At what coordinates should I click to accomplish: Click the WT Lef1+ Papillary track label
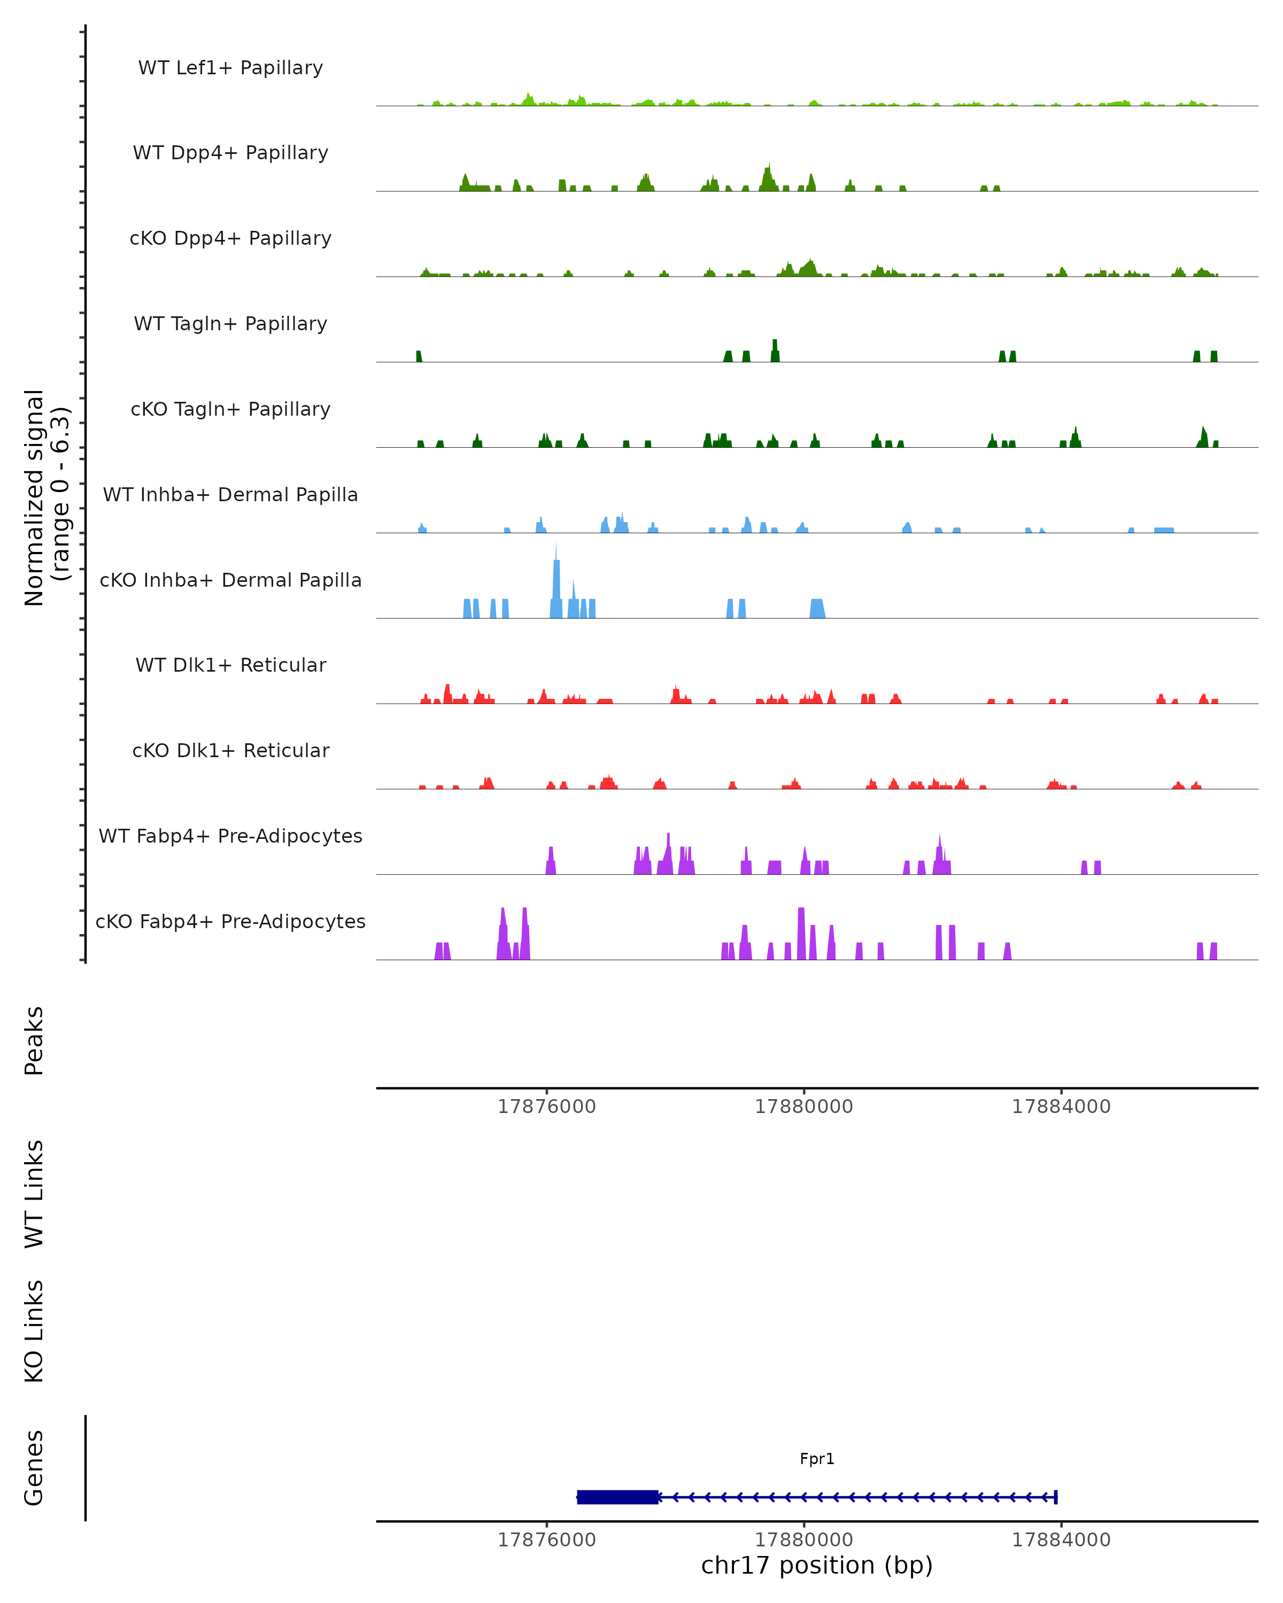pyautogui.click(x=230, y=68)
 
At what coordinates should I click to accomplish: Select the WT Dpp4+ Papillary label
pyautogui.click(x=230, y=153)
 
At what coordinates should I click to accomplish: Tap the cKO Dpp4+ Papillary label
pyautogui.click(x=230, y=239)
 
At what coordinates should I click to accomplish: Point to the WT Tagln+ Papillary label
pyautogui.click(x=230, y=324)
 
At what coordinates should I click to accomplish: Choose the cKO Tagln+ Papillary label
pyautogui.click(x=230, y=410)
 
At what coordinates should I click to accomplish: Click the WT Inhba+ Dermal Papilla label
pyautogui.click(x=230, y=495)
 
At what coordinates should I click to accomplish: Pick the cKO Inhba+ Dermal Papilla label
pyautogui.click(x=230, y=581)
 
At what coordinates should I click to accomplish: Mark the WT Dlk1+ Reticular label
pyautogui.click(x=230, y=665)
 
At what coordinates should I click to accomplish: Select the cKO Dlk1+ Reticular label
pyautogui.click(x=230, y=751)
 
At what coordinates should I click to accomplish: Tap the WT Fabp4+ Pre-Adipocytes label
pyautogui.click(x=230, y=836)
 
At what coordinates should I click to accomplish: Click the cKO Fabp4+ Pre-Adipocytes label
pyautogui.click(x=230, y=922)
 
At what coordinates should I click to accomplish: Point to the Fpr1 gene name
pyautogui.click(x=817, y=1459)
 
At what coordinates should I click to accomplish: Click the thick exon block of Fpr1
pyautogui.click(x=617, y=1497)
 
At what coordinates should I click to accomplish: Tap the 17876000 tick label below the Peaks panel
pyautogui.click(x=547, y=1107)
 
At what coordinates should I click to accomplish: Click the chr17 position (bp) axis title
pyautogui.click(x=817, y=1565)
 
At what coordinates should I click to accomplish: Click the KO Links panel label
pyautogui.click(x=34, y=1332)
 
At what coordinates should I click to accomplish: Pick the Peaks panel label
pyautogui.click(x=34, y=1041)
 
